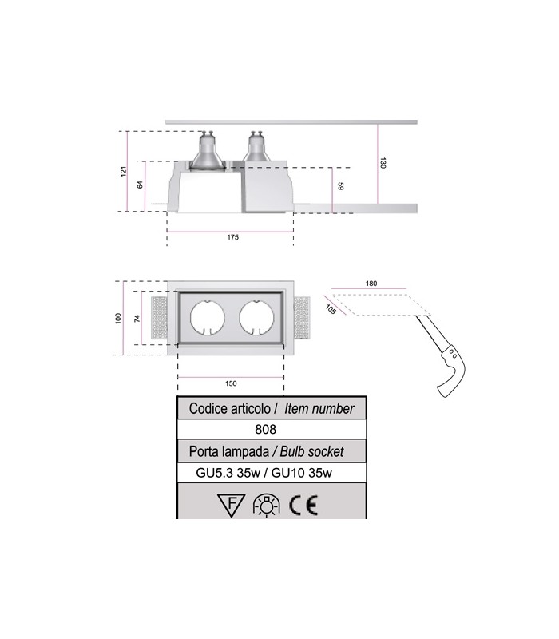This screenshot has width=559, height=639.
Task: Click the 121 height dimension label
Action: [125, 171]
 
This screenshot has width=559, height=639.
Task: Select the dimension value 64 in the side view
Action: [141, 185]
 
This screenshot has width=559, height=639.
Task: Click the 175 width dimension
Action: [232, 237]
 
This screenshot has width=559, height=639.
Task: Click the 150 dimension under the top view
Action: [232, 383]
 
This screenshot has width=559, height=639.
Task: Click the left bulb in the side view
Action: [206, 154]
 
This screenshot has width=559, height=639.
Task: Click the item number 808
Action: [271, 430]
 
